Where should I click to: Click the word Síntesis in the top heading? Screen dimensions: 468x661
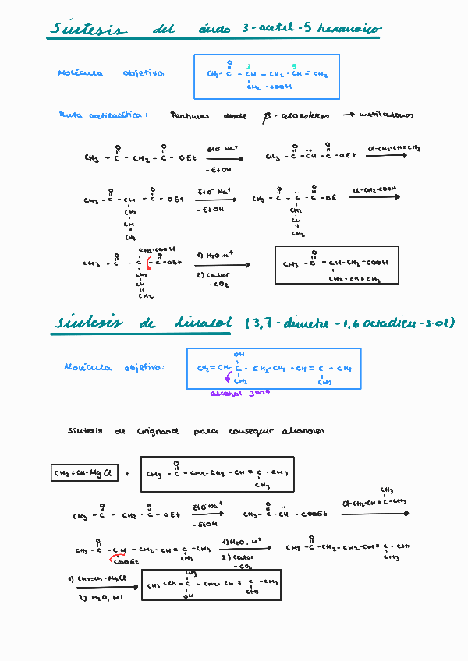(87, 30)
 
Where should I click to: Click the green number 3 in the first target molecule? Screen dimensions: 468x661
(249, 66)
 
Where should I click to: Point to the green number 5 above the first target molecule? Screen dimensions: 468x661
(293, 66)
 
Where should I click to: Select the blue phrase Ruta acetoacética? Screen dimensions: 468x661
(101, 115)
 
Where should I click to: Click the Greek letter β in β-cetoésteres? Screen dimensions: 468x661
(266, 116)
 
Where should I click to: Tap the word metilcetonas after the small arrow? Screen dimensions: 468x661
(387, 115)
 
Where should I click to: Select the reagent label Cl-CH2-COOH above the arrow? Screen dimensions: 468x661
(376, 189)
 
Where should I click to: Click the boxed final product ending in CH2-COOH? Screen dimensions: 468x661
(336, 265)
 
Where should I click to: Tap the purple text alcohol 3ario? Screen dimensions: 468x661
(240, 393)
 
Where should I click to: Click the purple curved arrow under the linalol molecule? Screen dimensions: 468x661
(229, 379)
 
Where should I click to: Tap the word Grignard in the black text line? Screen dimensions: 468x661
(158, 431)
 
